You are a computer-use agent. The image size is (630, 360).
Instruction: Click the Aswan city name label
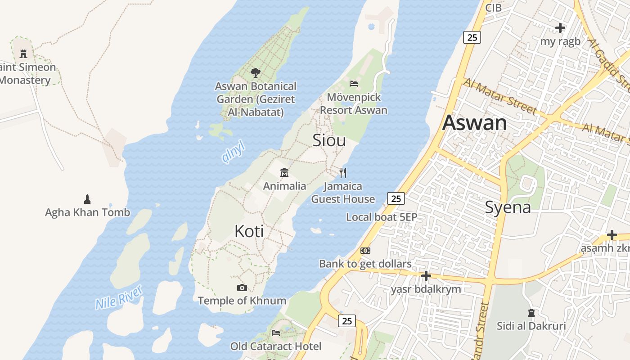click(x=475, y=123)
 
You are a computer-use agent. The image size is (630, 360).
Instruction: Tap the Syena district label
click(x=508, y=207)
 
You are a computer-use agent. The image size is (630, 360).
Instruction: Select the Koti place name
click(x=249, y=231)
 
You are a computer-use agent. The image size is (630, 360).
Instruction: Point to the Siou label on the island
click(x=329, y=140)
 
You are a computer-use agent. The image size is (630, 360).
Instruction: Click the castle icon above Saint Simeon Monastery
click(x=23, y=54)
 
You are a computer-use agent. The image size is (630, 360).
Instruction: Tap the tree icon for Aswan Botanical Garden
click(x=256, y=72)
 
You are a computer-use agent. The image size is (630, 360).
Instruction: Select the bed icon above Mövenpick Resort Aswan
click(x=354, y=83)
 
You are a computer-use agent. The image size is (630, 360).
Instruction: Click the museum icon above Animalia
click(x=284, y=173)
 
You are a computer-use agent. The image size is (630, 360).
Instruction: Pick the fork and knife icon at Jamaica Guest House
click(x=343, y=172)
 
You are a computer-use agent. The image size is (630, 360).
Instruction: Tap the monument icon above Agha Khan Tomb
click(x=87, y=199)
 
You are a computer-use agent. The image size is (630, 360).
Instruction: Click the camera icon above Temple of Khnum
click(x=242, y=288)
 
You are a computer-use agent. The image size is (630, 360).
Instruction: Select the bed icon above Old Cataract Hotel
click(x=276, y=333)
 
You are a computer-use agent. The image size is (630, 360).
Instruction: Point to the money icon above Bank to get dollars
click(x=365, y=251)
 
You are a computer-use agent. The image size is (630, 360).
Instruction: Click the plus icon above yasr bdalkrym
click(x=426, y=275)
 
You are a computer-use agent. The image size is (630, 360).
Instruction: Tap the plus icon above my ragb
click(x=560, y=28)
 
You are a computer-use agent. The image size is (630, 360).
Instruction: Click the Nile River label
click(x=119, y=297)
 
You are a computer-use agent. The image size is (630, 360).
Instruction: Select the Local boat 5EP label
click(x=382, y=217)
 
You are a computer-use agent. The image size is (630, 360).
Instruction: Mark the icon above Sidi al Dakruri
click(x=531, y=312)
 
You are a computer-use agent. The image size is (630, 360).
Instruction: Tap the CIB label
click(x=493, y=7)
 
